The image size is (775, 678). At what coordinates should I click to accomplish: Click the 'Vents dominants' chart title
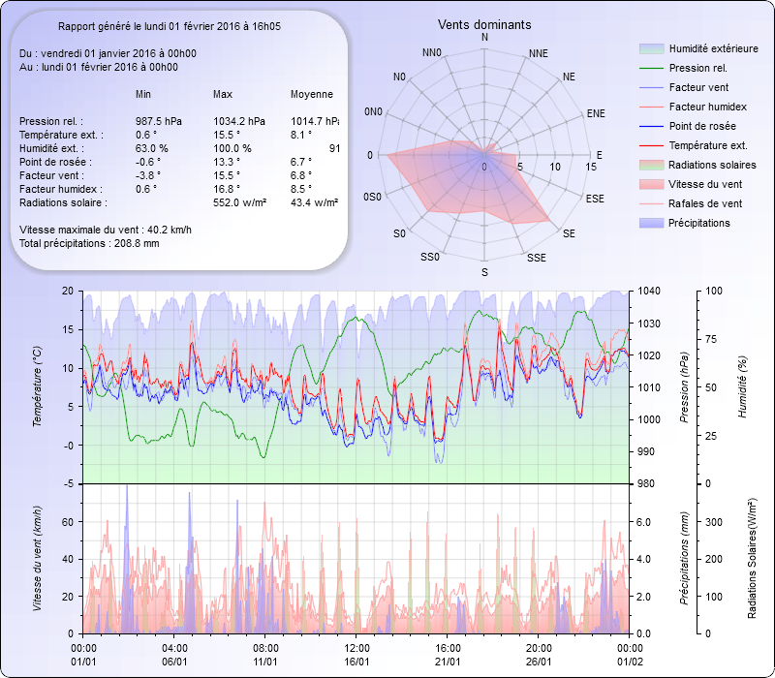coord(484,24)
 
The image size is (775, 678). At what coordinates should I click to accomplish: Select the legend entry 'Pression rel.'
coord(697,68)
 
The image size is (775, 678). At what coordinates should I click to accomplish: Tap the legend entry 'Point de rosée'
coord(701,127)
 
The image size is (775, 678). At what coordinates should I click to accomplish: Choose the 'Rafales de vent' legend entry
coord(705,203)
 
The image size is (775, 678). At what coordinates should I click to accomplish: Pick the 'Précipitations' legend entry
coord(699,223)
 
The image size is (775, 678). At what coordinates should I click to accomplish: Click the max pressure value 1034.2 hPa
coord(238,121)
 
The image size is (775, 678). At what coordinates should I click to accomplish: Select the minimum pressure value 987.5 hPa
coord(159,121)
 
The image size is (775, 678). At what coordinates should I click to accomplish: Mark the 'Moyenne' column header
coord(312,94)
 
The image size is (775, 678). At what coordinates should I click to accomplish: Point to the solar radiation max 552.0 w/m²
coord(239,202)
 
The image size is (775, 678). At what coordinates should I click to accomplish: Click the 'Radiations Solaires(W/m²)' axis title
coord(752,558)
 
